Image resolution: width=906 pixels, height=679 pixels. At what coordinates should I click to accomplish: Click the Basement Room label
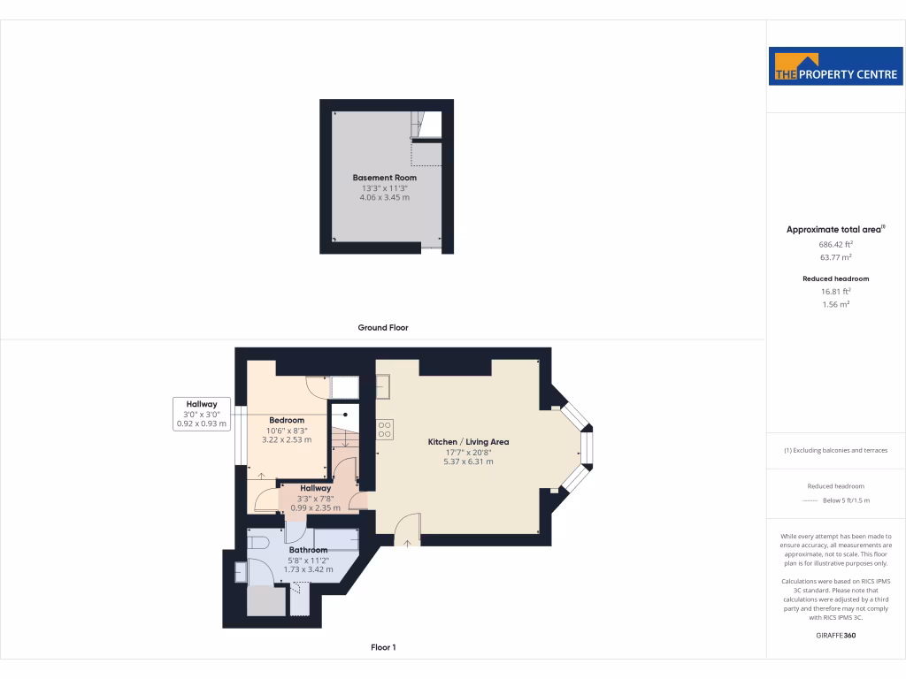pyautogui.click(x=384, y=178)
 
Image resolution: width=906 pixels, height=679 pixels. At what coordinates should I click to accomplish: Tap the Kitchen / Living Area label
pyautogui.click(x=468, y=441)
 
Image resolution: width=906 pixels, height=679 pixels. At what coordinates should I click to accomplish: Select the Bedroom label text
pyautogui.click(x=287, y=420)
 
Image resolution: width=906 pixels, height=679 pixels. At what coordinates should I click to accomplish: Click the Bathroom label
pyautogui.click(x=308, y=550)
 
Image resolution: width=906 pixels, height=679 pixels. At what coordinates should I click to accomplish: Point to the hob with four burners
pyautogui.click(x=385, y=429)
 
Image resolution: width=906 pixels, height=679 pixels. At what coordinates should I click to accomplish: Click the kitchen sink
pyautogui.click(x=384, y=385)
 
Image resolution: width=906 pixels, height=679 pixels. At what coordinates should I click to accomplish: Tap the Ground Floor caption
pyautogui.click(x=383, y=327)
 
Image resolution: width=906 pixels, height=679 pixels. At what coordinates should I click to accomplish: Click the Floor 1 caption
pyautogui.click(x=383, y=647)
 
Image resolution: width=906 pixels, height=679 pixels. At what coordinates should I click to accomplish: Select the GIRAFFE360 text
pyautogui.click(x=836, y=636)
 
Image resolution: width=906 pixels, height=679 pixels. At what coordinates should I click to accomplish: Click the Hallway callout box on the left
pyautogui.click(x=202, y=414)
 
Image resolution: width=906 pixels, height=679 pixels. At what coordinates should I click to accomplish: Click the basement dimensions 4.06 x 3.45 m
pyautogui.click(x=384, y=197)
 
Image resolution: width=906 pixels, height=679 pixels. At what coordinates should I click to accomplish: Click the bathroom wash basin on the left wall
pyautogui.click(x=241, y=572)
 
